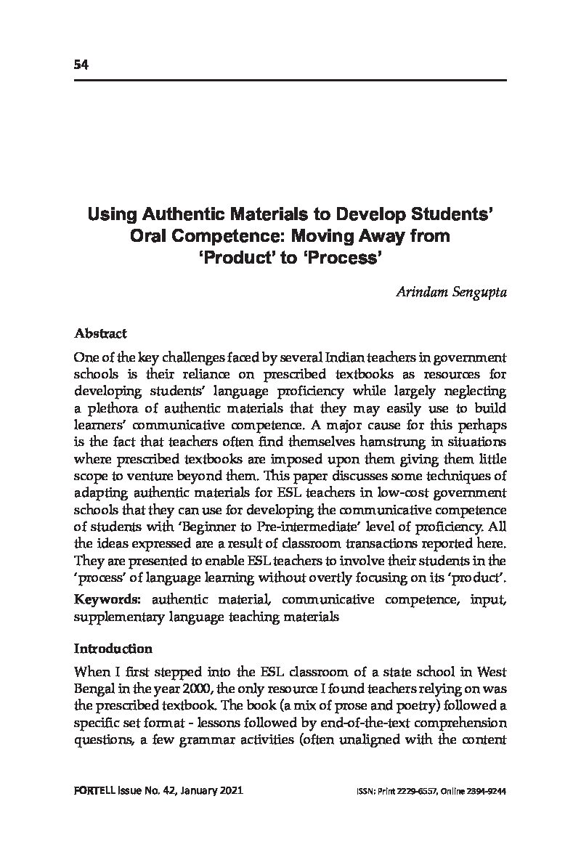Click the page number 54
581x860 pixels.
(x=81, y=65)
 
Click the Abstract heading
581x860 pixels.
(x=100, y=334)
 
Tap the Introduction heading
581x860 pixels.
(x=113, y=649)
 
